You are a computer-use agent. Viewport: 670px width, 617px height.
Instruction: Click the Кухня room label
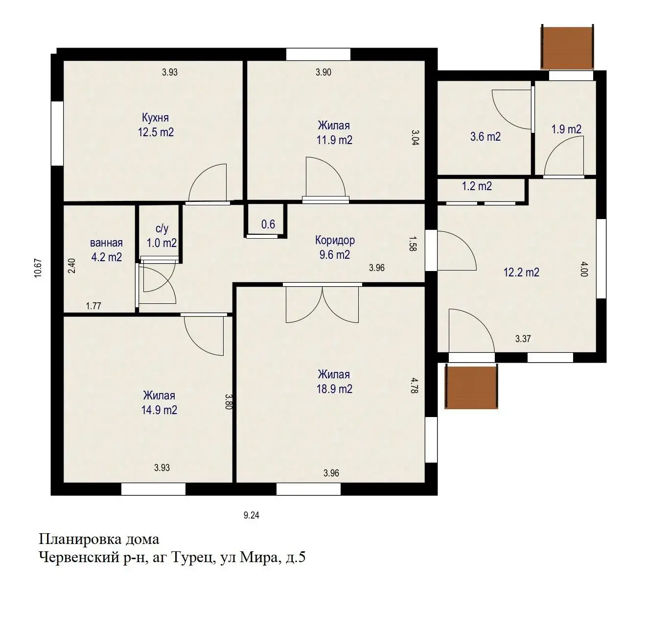point(155,118)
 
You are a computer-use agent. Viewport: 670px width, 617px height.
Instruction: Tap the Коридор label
point(335,240)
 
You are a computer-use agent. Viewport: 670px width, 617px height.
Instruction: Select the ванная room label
point(106,243)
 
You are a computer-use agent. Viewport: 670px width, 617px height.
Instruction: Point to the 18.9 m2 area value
point(334,389)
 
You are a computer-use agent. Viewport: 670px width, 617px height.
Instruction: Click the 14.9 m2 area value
point(159,410)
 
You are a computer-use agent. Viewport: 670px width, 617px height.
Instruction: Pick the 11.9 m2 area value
point(334,140)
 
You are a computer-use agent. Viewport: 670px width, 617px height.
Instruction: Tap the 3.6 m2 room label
point(485,137)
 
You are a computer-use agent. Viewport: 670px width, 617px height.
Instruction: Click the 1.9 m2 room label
point(566,129)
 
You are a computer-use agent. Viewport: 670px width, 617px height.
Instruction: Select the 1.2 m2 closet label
point(477,186)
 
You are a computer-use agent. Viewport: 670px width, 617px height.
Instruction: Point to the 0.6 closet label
point(268,224)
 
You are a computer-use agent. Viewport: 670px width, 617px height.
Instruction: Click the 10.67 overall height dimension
point(38,268)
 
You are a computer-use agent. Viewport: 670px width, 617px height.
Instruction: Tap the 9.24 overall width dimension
point(251,515)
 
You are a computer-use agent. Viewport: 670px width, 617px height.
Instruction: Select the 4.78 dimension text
point(414,385)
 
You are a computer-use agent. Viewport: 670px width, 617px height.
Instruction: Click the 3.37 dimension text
point(523,339)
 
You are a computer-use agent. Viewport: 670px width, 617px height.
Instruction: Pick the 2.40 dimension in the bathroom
point(72,266)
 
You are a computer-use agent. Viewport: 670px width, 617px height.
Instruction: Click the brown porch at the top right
point(567,47)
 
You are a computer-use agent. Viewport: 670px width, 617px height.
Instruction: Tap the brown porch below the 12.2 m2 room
point(471,387)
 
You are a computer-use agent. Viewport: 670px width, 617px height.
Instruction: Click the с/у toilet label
point(162,228)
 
